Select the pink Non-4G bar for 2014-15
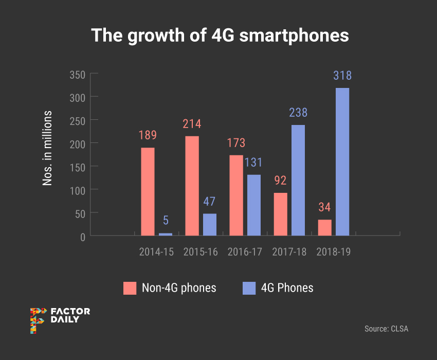click(148, 191)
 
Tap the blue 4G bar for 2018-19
click(342, 161)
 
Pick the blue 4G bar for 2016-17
click(253, 205)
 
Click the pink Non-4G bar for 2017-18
click(280, 214)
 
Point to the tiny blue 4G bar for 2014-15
click(166, 234)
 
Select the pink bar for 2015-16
click(192, 185)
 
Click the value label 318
click(342, 76)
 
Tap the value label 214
click(192, 124)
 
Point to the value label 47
click(209, 201)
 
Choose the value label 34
click(324, 208)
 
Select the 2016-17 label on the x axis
click(245, 252)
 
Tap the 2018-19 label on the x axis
click(334, 252)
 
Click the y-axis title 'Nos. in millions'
click(47, 148)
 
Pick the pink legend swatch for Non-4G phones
click(130, 288)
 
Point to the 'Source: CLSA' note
click(386, 329)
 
